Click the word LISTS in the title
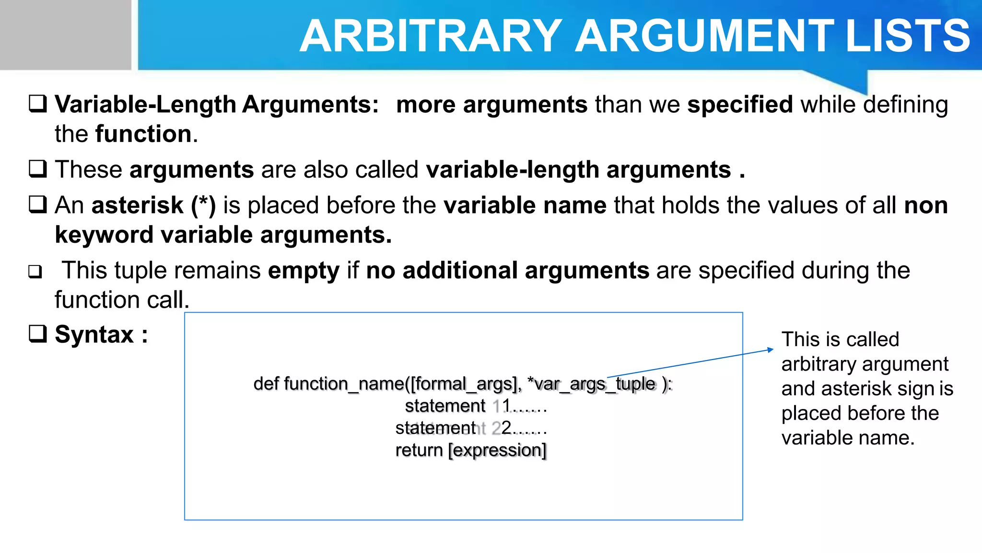click(x=908, y=36)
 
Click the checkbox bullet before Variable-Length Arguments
click(x=38, y=104)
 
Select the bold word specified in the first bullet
click(x=740, y=105)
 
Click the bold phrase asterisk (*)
click(x=153, y=205)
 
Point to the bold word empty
click(x=304, y=270)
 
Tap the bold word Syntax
click(x=94, y=334)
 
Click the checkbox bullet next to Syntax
click(x=38, y=334)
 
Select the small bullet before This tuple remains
click(x=35, y=272)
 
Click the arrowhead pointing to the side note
click(x=770, y=350)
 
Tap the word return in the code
click(x=419, y=450)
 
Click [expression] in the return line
click(x=497, y=450)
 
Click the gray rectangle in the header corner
click(x=65, y=35)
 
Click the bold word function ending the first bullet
click(x=143, y=134)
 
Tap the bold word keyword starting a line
click(x=104, y=235)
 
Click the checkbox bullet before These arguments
click(x=38, y=169)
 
